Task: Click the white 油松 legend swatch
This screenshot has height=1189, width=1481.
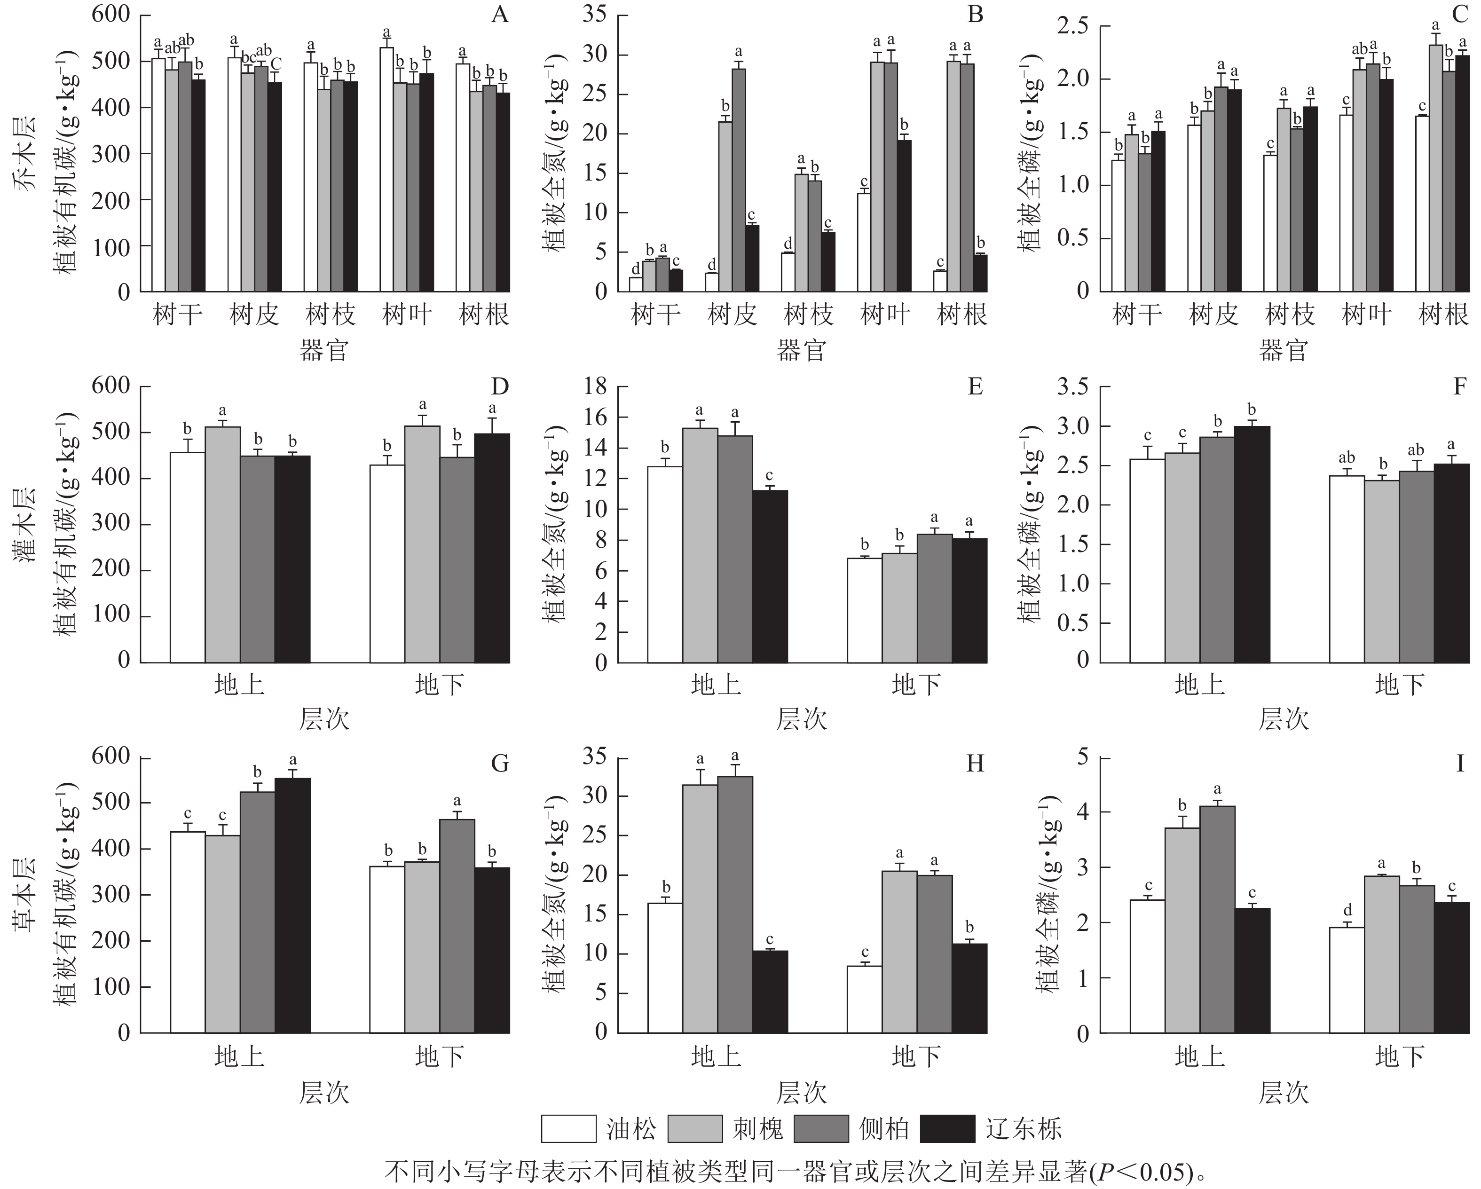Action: [567, 1128]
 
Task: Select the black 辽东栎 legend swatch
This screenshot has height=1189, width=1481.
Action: [947, 1128]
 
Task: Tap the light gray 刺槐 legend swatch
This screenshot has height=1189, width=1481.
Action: [694, 1128]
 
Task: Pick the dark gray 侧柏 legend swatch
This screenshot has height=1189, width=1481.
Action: [821, 1128]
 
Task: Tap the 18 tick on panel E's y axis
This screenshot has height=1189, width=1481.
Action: [594, 387]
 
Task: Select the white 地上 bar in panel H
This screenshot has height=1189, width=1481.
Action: [665, 968]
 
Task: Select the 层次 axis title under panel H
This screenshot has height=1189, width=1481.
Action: [802, 1092]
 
